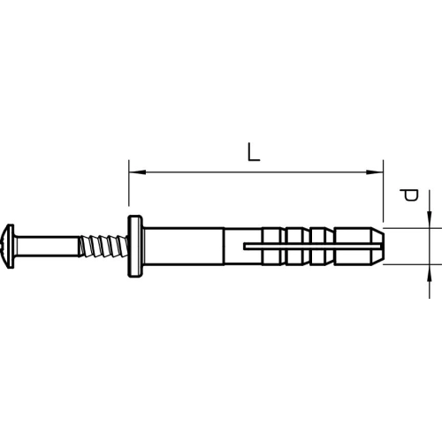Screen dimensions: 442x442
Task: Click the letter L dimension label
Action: coord(254,152)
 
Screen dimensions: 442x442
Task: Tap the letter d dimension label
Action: coord(409,194)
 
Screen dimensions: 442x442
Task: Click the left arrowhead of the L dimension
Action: coord(137,171)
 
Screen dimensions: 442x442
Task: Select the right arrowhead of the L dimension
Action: coord(375,171)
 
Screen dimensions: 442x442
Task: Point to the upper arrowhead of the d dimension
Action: coord(430,219)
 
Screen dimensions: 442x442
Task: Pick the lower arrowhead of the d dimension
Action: coord(430,273)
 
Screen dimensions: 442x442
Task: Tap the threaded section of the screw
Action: coord(103,247)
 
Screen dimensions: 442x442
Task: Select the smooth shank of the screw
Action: coord(47,247)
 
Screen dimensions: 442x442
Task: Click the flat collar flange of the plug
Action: coord(135,247)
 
